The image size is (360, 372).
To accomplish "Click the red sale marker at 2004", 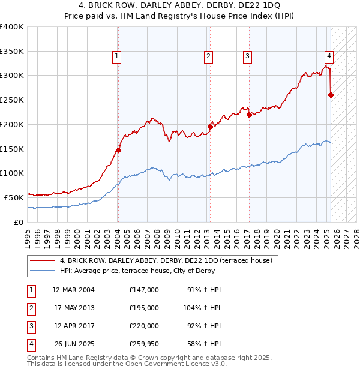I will [118, 151].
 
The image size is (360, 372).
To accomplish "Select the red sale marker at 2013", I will [210, 127].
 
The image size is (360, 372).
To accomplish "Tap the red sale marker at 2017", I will [248, 115].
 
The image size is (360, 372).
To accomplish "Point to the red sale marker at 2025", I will [331, 95].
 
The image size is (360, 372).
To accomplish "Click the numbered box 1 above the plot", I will [116, 57].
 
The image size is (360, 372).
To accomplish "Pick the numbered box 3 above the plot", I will [247, 57].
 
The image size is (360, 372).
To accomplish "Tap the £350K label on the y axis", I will [12, 51].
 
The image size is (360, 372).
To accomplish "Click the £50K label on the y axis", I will [14, 197].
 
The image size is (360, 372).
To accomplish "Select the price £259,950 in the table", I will [143, 344].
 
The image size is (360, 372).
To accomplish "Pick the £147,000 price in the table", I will [143, 289].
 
